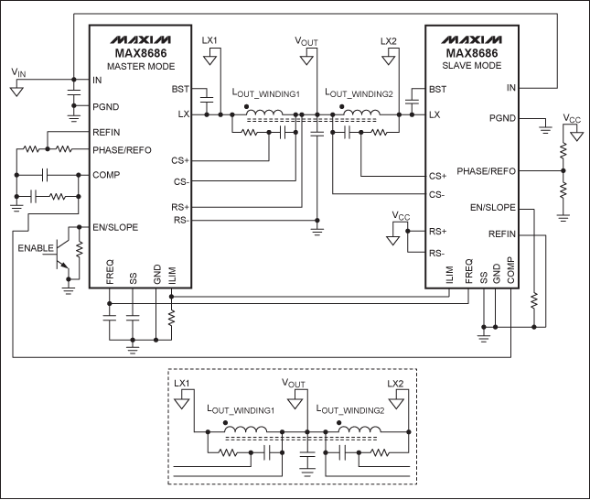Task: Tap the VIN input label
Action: [x=18, y=71]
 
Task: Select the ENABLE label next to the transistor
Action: [x=35, y=248]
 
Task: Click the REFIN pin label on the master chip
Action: [x=107, y=132]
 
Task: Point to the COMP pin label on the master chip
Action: [x=106, y=173]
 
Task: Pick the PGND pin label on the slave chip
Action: [x=502, y=118]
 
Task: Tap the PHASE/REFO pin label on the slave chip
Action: [x=486, y=170]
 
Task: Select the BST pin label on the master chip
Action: [x=180, y=89]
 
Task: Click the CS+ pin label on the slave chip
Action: [x=437, y=175]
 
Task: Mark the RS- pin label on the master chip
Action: [x=180, y=221]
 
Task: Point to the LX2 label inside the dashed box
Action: [x=395, y=383]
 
